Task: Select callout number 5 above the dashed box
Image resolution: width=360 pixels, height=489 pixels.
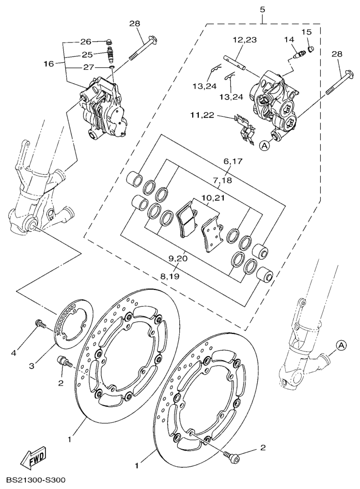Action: pos(263,10)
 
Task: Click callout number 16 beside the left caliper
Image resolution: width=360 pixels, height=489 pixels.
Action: pos(49,64)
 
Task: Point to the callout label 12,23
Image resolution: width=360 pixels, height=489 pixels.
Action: pos(245,40)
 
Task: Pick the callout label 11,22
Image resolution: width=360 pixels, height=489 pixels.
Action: pos(202,115)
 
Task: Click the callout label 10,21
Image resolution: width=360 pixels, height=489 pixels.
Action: pos(213,198)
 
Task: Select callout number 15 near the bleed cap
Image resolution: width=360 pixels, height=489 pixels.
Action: pos(306,32)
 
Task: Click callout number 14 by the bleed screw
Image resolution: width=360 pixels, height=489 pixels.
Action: pos(289,40)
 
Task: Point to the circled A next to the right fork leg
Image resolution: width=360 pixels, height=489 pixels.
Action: pos(341,345)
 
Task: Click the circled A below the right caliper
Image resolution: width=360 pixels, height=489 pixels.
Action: pos(264,145)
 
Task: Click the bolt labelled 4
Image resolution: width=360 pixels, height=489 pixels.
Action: pos(41,324)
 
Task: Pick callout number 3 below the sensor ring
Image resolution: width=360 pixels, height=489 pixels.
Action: pos(32,366)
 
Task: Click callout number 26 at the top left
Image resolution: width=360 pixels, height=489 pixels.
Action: pos(86,42)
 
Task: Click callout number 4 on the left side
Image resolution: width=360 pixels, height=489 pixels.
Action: pos(13,353)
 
